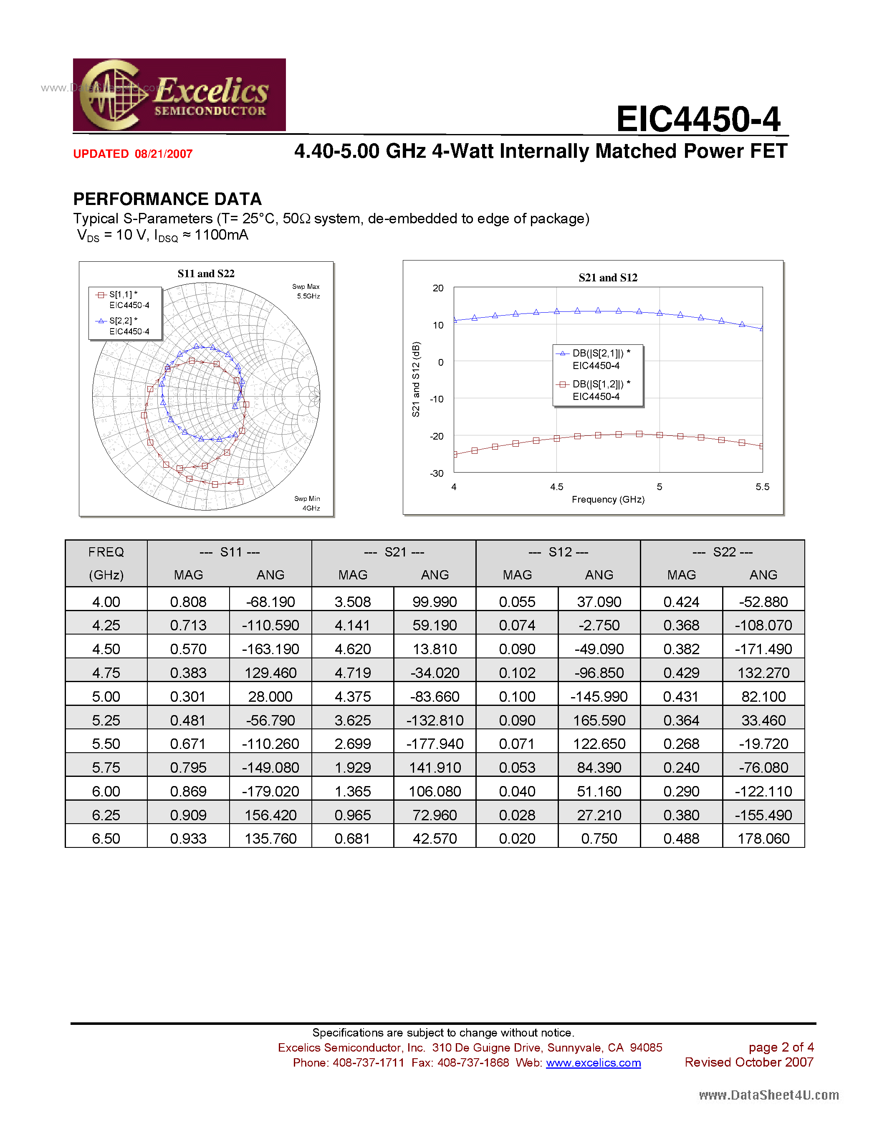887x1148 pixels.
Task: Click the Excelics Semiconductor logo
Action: tap(179, 95)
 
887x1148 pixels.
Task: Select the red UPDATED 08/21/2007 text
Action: tap(133, 154)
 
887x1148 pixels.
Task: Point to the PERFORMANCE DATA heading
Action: tap(167, 199)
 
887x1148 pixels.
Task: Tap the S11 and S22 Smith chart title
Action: tap(206, 274)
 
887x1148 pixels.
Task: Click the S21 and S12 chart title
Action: tap(608, 278)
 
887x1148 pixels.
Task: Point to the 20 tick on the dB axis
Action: tap(438, 288)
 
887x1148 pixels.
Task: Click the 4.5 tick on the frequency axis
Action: tap(556, 487)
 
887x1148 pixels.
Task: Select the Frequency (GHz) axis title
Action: tap(608, 499)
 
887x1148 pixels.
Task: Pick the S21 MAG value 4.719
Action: tap(353, 673)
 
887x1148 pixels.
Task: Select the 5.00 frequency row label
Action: tap(106, 696)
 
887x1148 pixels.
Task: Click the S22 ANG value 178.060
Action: tap(763, 838)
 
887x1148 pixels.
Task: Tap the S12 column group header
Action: tap(558, 552)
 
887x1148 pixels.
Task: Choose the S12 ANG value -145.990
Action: tap(599, 696)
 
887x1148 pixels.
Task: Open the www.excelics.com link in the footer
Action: tap(593, 1063)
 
